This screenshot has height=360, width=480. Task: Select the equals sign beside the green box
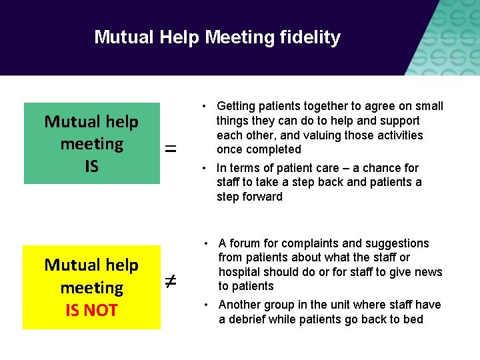pyautogui.click(x=171, y=150)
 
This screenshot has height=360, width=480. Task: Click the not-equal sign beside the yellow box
pyautogui.click(x=171, y=283)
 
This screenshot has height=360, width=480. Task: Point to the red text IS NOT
pyautogui.click(x=91, y=310)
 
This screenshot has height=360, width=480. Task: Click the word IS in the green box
pyautogui.click(x=91, y=166)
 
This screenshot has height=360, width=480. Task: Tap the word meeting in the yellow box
pyautogui.click(x=91, y=288)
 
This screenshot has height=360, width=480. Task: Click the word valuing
pyautogui.click(x=328, y=135)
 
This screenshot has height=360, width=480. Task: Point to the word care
pyautogui.click(x=316, y=168)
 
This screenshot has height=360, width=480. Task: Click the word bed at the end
pyautogui.click(x=413, y=319)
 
